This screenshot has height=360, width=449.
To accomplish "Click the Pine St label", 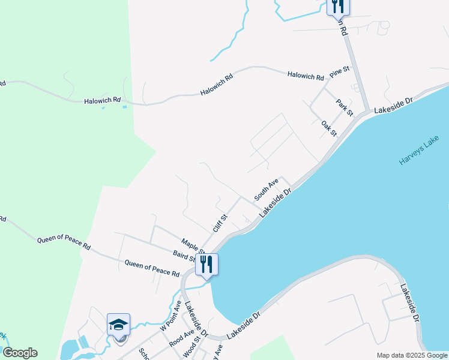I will [339, 71].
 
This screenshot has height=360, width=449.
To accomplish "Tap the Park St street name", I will [345, 107].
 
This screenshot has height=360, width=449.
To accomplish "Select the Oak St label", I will [329, 128].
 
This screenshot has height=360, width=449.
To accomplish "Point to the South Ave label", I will [266, 189].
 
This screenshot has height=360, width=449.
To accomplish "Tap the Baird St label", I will [184, 257].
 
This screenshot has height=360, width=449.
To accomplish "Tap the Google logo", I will [20, 353].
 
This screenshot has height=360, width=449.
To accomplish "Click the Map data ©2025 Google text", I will [411, 355].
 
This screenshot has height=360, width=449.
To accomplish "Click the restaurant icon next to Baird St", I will [206, 265].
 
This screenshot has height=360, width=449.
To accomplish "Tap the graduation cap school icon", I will [119, 325].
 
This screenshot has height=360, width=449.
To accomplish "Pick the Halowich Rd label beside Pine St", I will [306, 76].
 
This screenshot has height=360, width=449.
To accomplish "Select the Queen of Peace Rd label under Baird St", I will [152, 268].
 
